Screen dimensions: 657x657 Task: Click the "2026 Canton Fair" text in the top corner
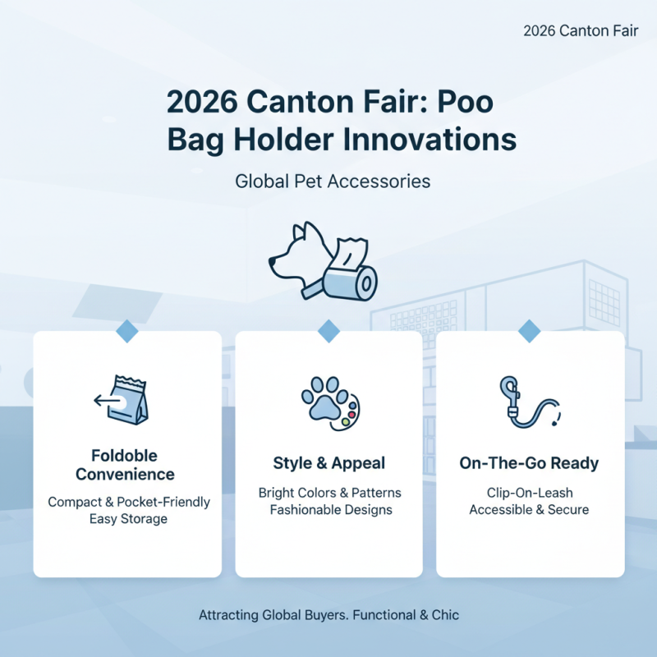point(580,31)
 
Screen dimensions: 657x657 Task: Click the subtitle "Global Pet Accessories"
point(333,181)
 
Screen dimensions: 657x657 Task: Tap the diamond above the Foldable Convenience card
point(126,331)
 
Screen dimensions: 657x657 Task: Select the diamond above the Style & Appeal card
point(328,331)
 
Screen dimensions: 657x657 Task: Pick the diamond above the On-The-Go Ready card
point(530,331)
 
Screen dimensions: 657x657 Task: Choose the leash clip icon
point(526,402)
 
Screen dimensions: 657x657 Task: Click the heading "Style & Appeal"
point(328,464)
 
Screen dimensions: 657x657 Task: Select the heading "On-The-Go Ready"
point(529,464)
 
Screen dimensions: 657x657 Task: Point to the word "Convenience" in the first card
point(125,475)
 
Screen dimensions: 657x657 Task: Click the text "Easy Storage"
point(128,519)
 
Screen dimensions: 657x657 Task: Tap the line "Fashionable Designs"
point(328,510)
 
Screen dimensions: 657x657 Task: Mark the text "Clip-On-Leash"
point(529,493)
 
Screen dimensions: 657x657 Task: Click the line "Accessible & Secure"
point(529,510)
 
